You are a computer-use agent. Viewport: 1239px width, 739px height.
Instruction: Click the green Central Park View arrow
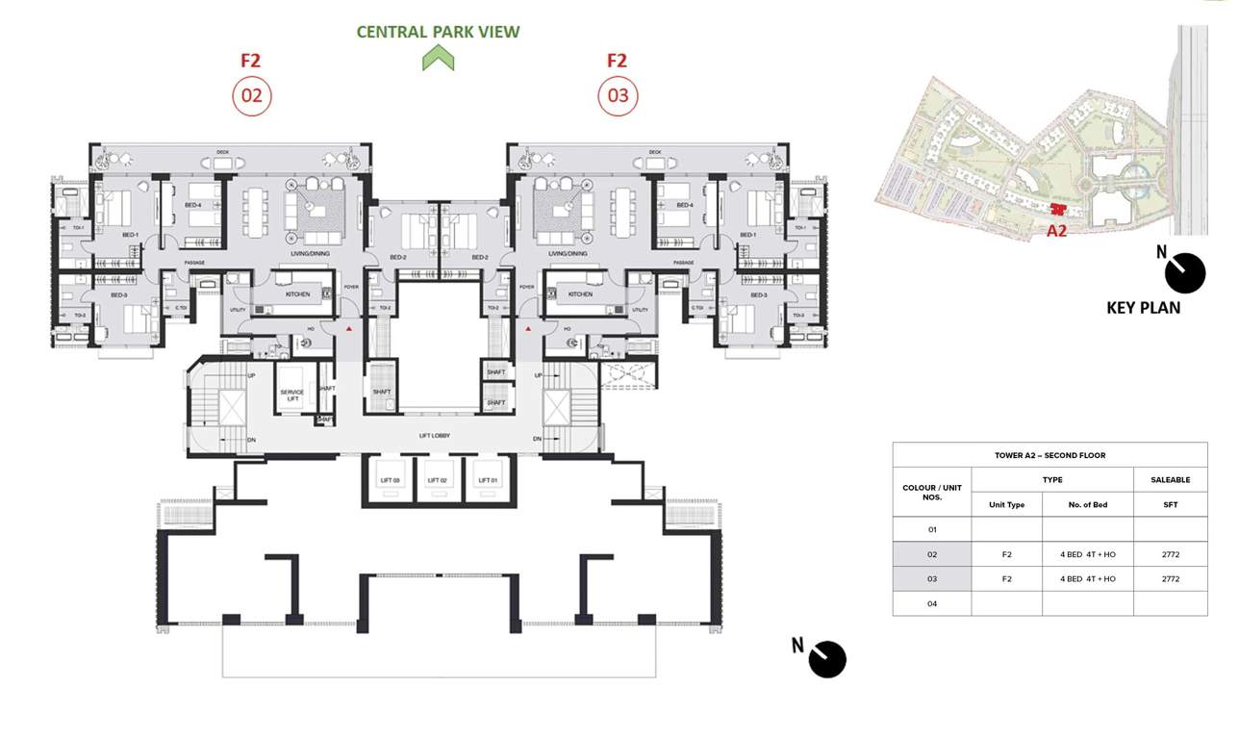tap(438, 60)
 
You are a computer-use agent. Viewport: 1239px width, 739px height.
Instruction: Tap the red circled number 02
tap(252, 96)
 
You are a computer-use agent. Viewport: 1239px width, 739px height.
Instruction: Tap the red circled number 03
tap(618, 96)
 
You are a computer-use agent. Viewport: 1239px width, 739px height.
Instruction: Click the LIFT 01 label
tap(488, 479)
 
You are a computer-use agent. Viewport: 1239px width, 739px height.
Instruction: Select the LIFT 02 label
tap(437, 479)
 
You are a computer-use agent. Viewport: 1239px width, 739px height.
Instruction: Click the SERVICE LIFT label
tap(292, 395)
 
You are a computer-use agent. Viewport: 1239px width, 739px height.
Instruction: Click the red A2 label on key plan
tap(1056, 231)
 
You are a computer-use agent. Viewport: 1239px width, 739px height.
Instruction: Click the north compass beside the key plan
tap(1184, 273)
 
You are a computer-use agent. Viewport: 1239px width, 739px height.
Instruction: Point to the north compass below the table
tap(826, 660)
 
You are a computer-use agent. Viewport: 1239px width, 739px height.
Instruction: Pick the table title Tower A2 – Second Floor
tap(1049, 455)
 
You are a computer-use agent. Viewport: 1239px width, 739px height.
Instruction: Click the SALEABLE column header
tap(1170, 479)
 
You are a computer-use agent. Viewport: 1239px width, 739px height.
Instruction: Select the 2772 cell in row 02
tap(1170, 554)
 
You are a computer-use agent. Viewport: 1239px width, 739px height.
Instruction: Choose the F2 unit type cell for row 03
tap(1006, 579)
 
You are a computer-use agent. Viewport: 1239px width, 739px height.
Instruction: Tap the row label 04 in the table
tap(931, 604)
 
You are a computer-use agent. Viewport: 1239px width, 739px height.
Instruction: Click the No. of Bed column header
tap(1087, 504)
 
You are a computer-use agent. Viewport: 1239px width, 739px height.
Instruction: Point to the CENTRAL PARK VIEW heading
tap(438, 32)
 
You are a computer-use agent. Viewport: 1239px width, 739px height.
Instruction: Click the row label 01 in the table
tap(931, 529)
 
